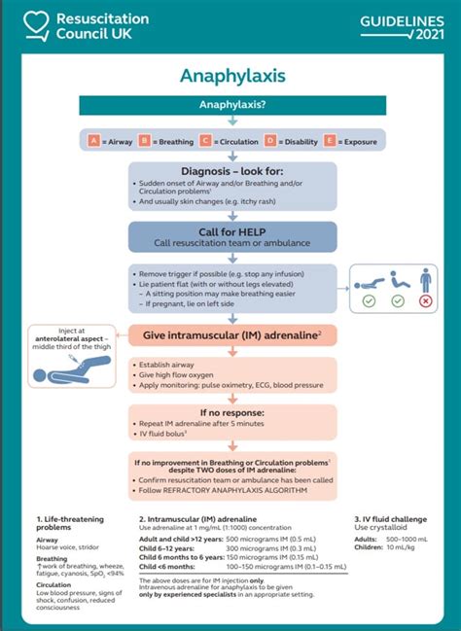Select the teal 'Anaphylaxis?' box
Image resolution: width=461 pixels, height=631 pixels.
[x=231, y=104]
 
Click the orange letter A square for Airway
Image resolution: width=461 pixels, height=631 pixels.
[x=94, y=141]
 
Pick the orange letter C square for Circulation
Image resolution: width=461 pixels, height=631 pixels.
[x=207, y=141]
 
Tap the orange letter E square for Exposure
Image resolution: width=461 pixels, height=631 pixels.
[x=331, y=141]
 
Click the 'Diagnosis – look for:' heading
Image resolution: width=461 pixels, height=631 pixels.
[x=232, y=170]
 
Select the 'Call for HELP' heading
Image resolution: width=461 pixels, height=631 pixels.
[x=232, y=230]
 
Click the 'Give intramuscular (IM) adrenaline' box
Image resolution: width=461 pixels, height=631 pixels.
[x=232, y=335]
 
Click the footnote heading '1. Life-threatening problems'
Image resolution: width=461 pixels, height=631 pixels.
[x=69, y=526]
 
